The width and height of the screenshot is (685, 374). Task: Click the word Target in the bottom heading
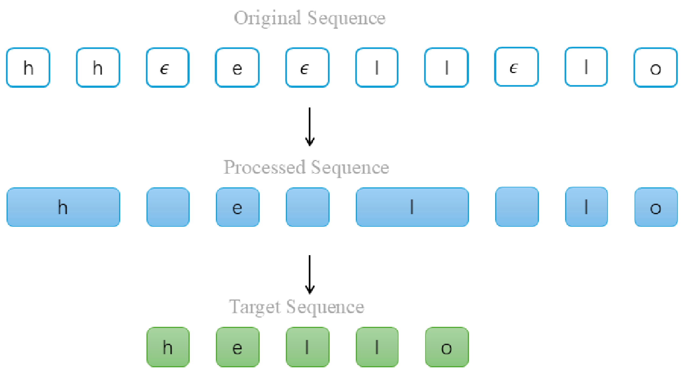click(x=255, y=307)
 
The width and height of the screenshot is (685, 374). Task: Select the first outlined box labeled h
click(x=28, y=68)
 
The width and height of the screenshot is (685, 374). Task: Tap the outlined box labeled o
click(x=656, y=68)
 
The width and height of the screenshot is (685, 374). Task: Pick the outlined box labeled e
click(x=237, y=68)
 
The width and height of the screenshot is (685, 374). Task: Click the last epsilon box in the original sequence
click(x=516, y=67)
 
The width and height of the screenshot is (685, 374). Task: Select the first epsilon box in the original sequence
click(x=168, y=68)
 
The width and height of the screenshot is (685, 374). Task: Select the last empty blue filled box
click(x=517, y=207)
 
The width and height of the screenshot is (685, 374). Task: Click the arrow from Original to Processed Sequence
click(x=310, y=127)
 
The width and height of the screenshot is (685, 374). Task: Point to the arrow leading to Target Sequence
click(x=310, y=275)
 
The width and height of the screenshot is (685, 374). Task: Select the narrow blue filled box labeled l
click(x=586, y=207)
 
